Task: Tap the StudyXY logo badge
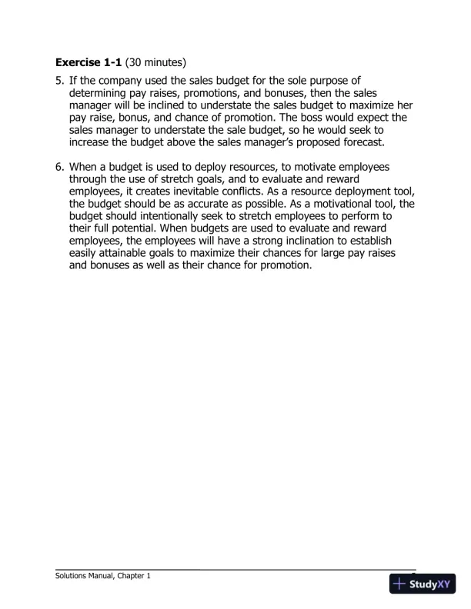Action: tap(423, 584)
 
